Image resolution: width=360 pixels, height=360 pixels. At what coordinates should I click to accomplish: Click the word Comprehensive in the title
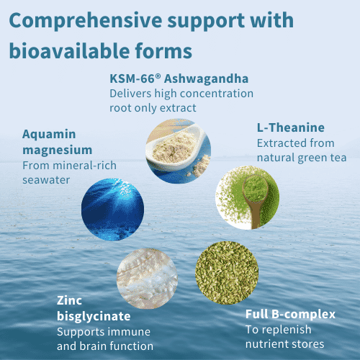point(86,21)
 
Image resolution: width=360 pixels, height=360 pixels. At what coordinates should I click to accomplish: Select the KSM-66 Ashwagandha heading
point(179,78)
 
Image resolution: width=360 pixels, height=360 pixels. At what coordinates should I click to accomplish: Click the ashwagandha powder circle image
point(179,151)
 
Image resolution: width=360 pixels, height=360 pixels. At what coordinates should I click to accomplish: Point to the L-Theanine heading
point(291,127)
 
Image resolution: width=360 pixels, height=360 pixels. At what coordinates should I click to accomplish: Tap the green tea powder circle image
point(248,198)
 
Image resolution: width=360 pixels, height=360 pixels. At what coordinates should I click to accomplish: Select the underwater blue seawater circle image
point(112,210)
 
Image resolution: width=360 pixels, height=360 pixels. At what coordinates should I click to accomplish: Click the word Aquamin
point(49,135)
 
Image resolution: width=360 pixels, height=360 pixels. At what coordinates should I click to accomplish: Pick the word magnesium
point(58,150)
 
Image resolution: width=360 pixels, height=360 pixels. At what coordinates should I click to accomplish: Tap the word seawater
point(46,180)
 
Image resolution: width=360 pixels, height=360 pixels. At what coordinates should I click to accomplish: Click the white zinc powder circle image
point(147,279)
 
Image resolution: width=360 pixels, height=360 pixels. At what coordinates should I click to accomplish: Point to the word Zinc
point(69,300)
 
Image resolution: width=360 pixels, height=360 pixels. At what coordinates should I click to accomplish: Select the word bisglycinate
point(94,317)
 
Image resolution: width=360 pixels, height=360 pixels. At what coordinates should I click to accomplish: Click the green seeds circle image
point(227,273)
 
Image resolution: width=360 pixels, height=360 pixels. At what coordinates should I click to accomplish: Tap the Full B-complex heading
point(290,315)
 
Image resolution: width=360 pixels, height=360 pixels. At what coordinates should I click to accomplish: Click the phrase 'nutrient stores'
point(284,344)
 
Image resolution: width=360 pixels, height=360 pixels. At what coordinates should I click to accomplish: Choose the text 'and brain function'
point(105,346)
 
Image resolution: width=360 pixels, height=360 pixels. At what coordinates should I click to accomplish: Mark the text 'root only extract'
point(153,108)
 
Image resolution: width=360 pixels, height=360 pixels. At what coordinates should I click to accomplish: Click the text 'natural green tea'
point(302,158)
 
